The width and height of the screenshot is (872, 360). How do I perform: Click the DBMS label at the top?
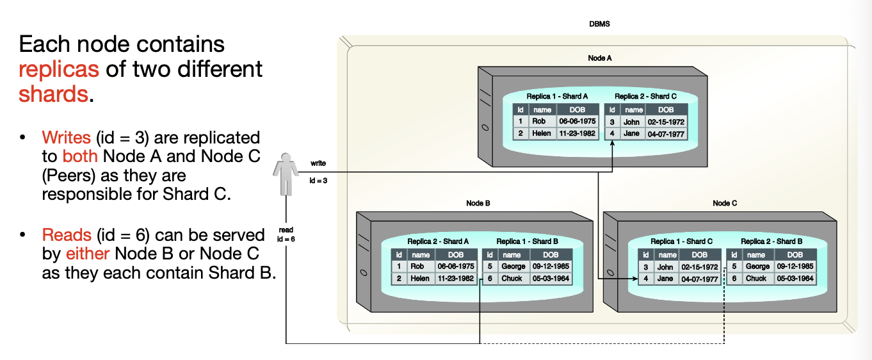599,24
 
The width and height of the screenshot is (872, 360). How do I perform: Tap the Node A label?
600,58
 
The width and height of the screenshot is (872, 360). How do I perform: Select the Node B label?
478,203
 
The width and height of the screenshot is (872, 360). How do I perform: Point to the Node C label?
725,203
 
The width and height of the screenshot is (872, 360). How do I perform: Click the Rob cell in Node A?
539,121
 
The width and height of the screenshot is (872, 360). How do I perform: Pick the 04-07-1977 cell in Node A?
666,134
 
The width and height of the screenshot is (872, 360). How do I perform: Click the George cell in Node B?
513,266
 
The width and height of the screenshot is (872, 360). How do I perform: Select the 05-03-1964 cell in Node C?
795,279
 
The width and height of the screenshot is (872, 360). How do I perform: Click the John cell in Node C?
665,266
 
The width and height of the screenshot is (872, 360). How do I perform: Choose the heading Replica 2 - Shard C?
645,97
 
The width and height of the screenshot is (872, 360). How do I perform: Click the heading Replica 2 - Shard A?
438,241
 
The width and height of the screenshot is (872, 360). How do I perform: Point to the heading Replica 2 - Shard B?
771,241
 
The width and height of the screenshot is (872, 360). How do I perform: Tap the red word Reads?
67,235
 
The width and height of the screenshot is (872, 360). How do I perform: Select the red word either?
88,254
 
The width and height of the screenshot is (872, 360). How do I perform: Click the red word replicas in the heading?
59,69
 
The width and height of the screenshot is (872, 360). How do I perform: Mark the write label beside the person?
318,163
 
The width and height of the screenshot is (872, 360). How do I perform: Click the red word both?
80,157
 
